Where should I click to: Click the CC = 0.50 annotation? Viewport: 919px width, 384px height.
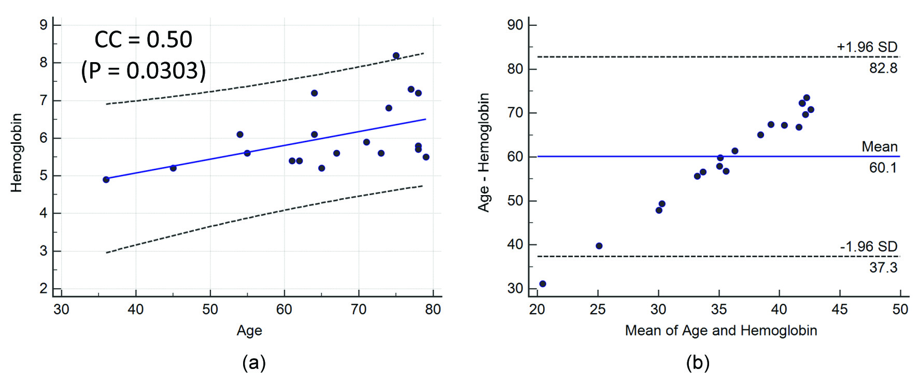coord(143,39)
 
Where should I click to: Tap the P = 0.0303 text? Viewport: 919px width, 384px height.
coord(143,70)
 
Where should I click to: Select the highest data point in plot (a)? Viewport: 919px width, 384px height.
coord(396,55)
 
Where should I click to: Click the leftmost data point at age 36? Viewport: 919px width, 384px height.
coord(106,180)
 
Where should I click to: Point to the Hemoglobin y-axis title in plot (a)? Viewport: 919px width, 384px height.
coord(17,153)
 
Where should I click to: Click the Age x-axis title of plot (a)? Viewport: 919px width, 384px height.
coord(249,331)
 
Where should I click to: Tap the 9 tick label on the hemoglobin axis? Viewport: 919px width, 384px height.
coord(44,25)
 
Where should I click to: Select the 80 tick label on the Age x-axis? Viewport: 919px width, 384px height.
coord(433,309)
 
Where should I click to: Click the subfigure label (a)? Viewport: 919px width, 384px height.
coord(254,363)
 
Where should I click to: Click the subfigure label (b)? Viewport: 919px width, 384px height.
coord(698,363)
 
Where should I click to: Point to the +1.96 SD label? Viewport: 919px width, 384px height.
coord(867,47)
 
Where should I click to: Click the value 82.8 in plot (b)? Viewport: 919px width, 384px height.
coord(883,68)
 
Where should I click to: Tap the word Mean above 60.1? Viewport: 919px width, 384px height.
coord(880,147)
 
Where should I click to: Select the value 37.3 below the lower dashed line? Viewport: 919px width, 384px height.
coord(883,268)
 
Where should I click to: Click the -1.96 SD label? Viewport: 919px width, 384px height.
coord(868,247)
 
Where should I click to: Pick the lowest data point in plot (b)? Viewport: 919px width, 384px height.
coord(543,284)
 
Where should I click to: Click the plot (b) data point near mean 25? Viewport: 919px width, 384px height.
coord(599,246)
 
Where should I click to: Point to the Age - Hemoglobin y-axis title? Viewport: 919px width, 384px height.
coord(484,153)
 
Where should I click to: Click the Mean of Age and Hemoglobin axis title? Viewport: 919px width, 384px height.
coord(721,331)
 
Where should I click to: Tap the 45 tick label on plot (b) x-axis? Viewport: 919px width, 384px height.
coord(840,309)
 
